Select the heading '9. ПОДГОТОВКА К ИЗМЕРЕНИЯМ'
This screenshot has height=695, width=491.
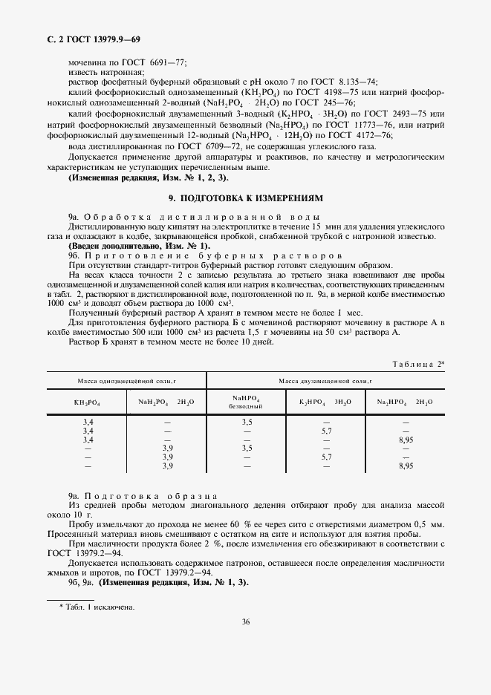coord(245,199)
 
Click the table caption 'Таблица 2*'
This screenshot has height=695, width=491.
coord(419,363)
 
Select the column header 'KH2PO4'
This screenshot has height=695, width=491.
coord(88,401)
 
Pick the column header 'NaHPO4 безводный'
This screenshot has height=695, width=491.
coord(247,401)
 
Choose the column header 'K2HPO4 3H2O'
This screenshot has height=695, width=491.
coord(325,401)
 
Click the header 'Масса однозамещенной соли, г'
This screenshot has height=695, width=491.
coord(126,380)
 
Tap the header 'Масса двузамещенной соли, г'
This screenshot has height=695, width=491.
coord(325,380)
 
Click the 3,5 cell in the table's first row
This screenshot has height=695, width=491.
coord(247,422)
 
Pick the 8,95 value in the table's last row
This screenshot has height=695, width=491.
coord(405,466)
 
